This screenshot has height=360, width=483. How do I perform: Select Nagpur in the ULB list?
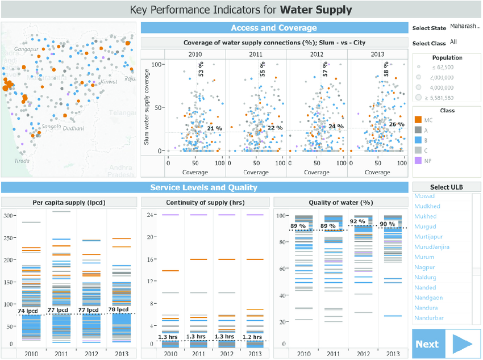tap(425, 267)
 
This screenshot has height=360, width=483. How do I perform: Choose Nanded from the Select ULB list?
tap(426, 287)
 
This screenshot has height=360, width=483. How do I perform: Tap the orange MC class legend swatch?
tap(418, 120)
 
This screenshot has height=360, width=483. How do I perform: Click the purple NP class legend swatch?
tap(418, 161)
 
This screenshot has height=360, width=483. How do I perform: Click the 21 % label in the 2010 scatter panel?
tap(214, 129)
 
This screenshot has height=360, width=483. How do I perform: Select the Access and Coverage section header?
tap(274, 28)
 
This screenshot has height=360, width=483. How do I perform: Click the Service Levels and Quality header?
tap(204, 187)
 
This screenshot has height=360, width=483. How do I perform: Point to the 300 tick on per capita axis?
tap(8, 216)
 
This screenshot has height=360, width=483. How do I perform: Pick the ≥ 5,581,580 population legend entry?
tap(435, 98)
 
